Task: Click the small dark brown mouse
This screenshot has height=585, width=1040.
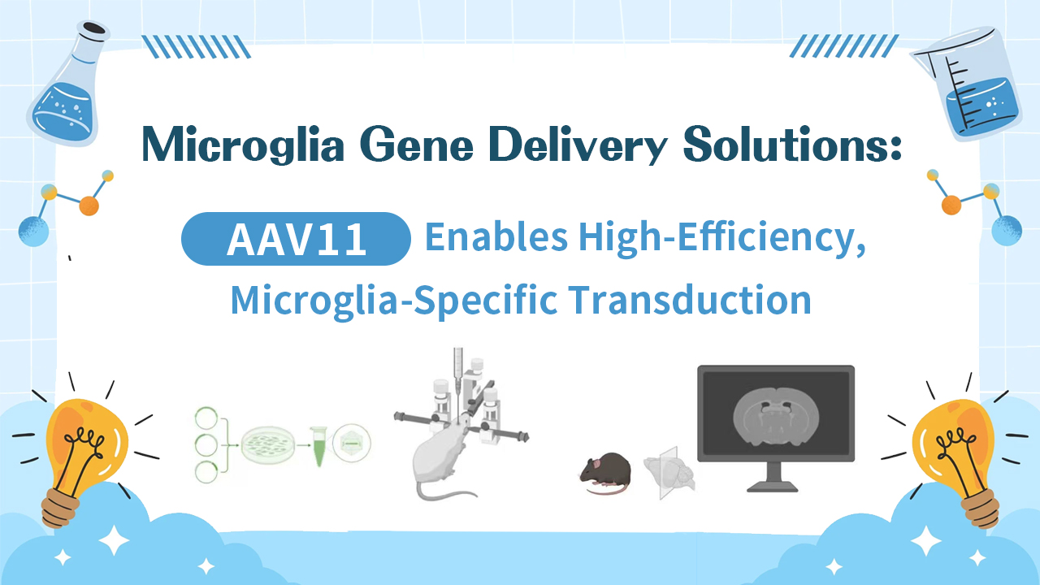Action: pos(604,471)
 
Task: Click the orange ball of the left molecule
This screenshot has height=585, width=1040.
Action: pos(89,206)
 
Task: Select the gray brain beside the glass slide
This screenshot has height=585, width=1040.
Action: pos(669,474)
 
